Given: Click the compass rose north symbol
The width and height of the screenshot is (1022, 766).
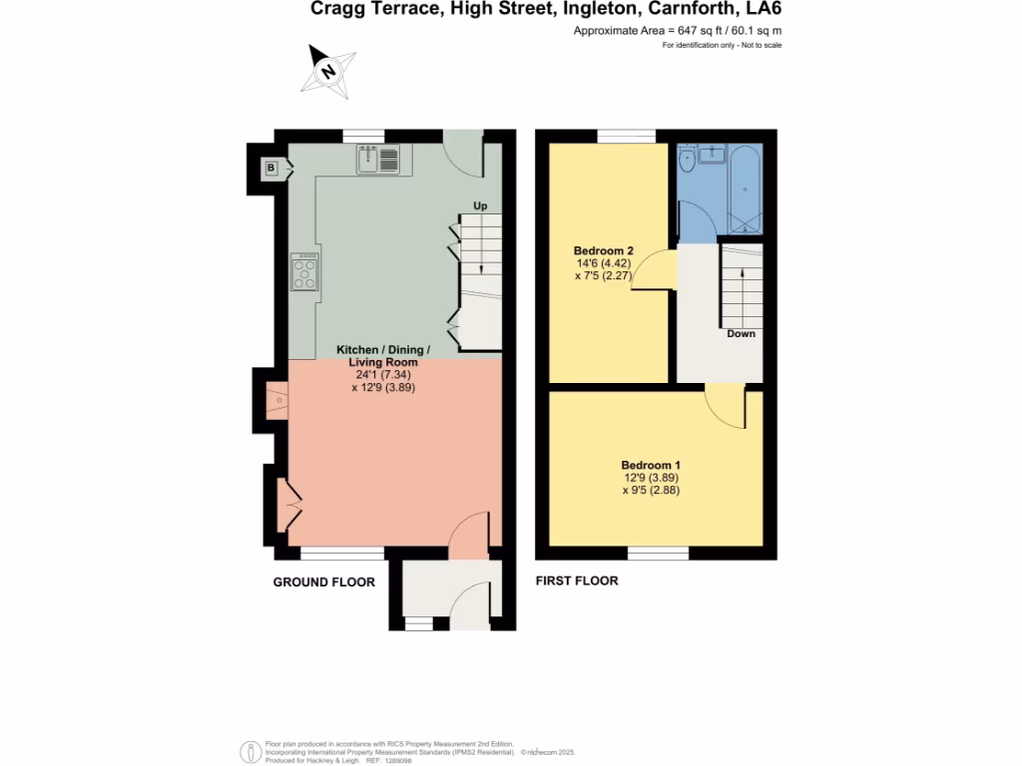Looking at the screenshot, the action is pos(328,71).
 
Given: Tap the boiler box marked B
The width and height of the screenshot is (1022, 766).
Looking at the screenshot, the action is pos(271,169).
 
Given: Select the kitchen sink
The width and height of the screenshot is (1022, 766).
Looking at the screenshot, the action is pos(378,160).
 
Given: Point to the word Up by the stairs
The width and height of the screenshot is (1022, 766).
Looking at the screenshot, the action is pos(480,205).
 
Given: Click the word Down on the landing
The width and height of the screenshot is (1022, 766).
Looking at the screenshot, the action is pos(742,333).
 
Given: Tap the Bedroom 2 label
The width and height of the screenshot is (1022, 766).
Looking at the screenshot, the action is pos(603,250).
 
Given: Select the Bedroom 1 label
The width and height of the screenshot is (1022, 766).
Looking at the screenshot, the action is pos(651,465).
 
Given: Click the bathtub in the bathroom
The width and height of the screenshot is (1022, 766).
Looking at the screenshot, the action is pos(746,190).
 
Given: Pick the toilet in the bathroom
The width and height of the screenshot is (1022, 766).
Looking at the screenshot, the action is pos(687,158).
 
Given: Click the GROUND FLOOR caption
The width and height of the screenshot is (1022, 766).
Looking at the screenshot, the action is pos(324,582).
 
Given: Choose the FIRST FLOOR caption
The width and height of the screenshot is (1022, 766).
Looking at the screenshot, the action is pos(577,581).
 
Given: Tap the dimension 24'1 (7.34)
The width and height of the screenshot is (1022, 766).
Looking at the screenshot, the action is pos(383,375).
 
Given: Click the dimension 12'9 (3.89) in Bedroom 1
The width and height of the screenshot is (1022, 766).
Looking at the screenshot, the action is pos(651,478).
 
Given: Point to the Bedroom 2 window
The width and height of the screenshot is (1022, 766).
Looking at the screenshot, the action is pos(627,136).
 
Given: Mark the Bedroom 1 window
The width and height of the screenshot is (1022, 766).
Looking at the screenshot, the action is pos(659,553).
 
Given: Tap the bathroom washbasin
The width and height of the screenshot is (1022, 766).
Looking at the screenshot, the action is pos(712,155).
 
